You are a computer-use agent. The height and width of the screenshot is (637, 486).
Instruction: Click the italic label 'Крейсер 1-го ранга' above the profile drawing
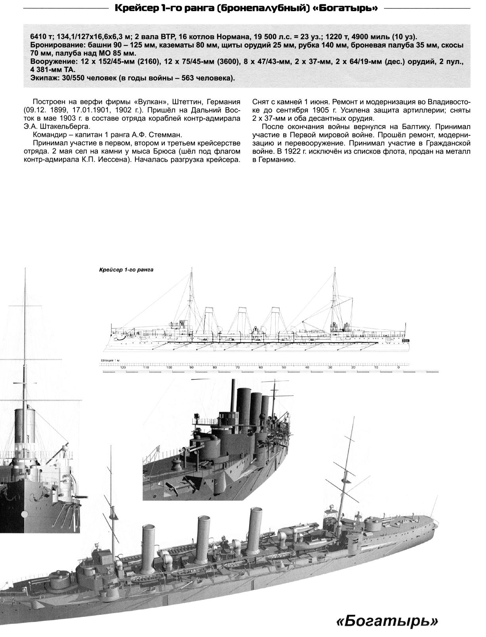[x=126, y=270]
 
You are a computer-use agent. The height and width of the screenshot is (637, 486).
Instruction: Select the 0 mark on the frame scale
[x=398, y=368]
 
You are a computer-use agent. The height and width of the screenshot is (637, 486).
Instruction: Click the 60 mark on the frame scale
[x=261, y=368]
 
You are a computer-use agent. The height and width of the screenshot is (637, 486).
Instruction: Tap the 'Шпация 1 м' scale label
[x=110, y=361]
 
